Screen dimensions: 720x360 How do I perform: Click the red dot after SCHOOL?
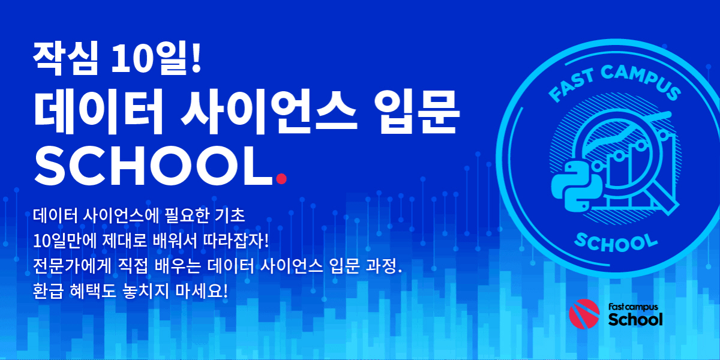[281, 179]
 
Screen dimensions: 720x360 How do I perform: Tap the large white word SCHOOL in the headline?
[154, 166]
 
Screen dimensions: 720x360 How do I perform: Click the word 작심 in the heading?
[65, 58]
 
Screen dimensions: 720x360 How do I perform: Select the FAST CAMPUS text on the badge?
[614, 82]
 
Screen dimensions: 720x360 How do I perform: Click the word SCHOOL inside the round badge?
[616, 243]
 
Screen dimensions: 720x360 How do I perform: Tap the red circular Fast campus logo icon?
[584, 314]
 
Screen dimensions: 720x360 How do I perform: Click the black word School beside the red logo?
[635, 319]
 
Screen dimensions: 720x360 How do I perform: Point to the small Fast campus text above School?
[633, 307]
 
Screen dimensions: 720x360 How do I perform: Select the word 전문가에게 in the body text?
[71, 266]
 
